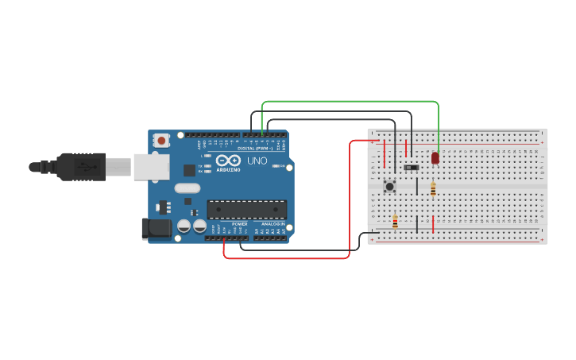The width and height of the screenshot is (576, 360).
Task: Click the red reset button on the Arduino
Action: pos(162,141)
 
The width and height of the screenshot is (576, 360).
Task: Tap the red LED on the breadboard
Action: pos(435,158)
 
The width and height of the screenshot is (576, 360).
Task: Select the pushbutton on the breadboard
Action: pos(390,187)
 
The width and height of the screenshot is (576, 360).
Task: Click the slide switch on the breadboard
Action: pos(411,168)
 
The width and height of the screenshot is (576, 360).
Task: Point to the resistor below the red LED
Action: pos(433,189)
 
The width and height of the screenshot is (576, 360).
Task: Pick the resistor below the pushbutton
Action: pos(395,221)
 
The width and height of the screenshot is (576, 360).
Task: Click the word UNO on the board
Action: pos(257,161)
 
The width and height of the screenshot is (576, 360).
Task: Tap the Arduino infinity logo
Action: pos(228,160)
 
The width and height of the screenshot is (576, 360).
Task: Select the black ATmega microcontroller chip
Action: pos(247,209)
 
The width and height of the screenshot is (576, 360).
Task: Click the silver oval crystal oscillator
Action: pos(187,188)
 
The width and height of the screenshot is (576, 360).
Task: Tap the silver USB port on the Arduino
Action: pos(151,166)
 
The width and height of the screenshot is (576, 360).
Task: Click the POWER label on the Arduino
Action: pos(239,224)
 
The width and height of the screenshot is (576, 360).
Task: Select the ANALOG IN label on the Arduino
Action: pos(273,224)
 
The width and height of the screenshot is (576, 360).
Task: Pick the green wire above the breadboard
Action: pos(350,102)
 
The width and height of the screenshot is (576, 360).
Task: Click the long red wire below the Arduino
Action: pos(286,258)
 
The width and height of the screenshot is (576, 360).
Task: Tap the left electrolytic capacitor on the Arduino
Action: pos(184,226)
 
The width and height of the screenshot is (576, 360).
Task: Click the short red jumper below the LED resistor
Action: pos(433,223)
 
